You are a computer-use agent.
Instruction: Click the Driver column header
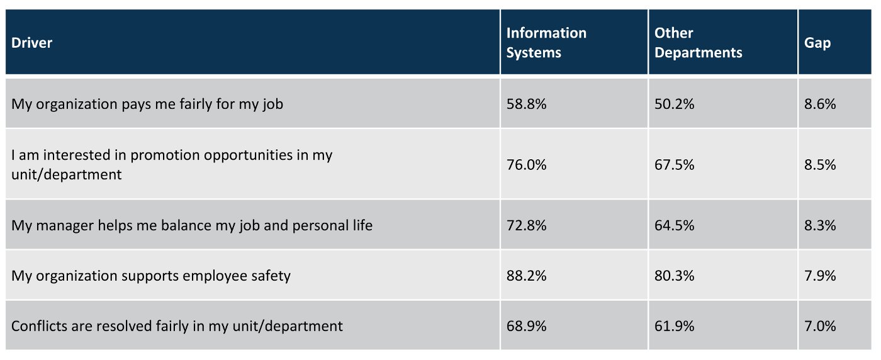pyautogui.click(x=32, y=43)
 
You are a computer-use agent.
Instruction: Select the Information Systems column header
pyautogui.click(x=546, y=43)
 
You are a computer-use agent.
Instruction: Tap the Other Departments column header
pyautogui.click(x=698, y=43)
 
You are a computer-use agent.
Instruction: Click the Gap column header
pyautogui.click(x=817, y=43)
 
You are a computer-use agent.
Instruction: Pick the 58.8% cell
pyautogui.click(x=527, y=104)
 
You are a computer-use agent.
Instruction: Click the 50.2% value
pyautogui.click(x=675, y=104)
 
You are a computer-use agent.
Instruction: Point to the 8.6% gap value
pyautogui.click(x=820, y=104)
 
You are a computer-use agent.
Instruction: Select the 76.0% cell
pyautogui.click(x=527, y=165)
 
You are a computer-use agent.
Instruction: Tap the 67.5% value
pyautogui.click(x=675, y=165)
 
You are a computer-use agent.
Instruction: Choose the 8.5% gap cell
pyautogui.click(x=820, y=165)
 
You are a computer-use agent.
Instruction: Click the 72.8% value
pyautogui.click(x=527, y=225)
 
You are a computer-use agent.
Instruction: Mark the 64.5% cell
pyautogui.click(x=675, y=225)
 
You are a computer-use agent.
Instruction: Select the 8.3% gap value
pyautogui.click(x=820, y=225)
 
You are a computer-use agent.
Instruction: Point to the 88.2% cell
pyautogui.click(x=527, y=276)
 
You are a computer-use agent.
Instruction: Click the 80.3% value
pyautogui.click(x=675, y=276)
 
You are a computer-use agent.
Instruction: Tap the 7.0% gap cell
pyautogui.click(x=820, y=326)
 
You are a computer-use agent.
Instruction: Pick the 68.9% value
pyautogui.click(x=527, y=326)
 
